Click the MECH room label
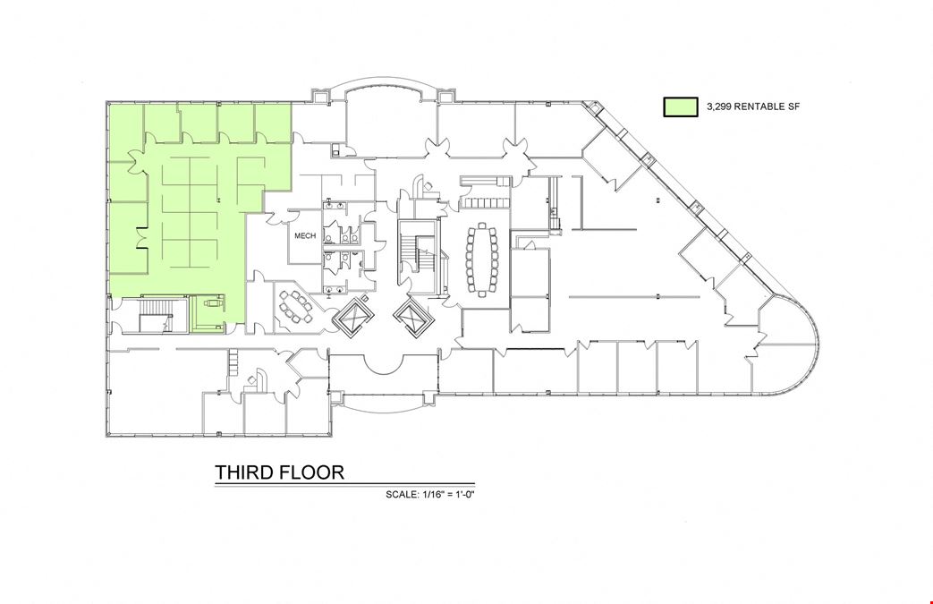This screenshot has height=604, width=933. (305, 235)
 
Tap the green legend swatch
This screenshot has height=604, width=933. (681, 107)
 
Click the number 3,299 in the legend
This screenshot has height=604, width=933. (719, 106)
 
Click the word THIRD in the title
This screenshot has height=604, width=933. (246, 472)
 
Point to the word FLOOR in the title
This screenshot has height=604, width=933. (314, 472)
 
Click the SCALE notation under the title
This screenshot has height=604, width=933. (429, 494)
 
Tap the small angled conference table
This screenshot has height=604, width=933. (296, 307)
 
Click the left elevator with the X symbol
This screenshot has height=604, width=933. (351, 316)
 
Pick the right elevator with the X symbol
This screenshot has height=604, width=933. (413, 316)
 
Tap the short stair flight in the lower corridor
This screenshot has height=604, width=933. (233, 362)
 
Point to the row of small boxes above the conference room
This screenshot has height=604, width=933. (486, 203)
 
